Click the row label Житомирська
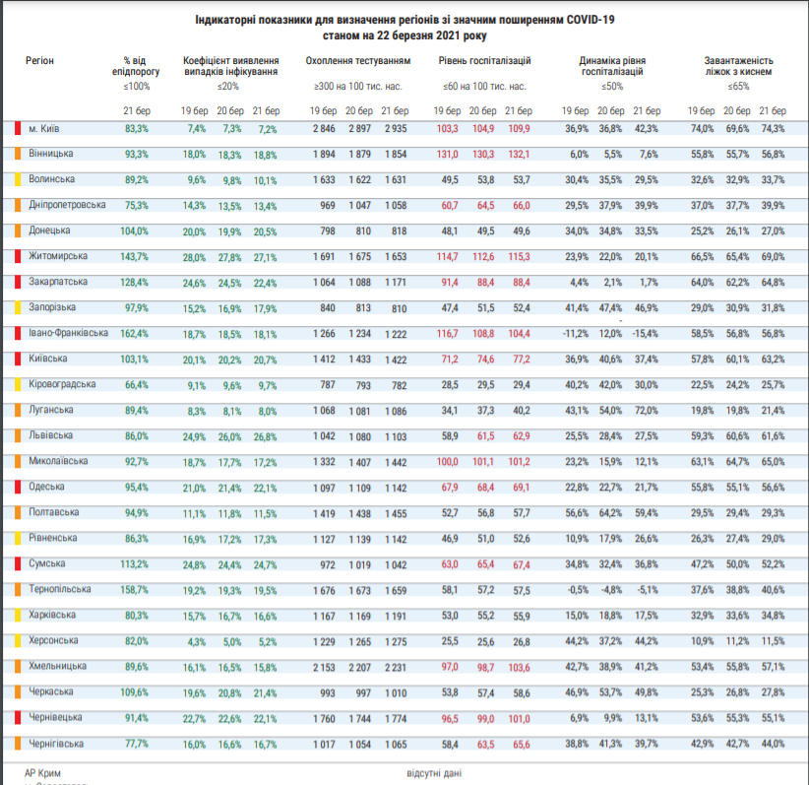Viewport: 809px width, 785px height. click(58, 256)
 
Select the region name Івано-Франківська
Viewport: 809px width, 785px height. click(68, 333)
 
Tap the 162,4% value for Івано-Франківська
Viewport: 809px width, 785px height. click(134, 334)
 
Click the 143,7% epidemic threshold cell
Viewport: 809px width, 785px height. click(134, 257)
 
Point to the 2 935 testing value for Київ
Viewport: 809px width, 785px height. click(396, 129)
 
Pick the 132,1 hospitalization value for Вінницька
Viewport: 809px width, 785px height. click(519, 155)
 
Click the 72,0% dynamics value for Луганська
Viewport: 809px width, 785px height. click(647, 411)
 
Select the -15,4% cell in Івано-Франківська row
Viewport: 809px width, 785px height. click(646, 334)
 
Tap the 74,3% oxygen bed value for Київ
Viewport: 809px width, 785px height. click(773, 129)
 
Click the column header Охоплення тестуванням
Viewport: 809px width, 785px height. click(358, 61)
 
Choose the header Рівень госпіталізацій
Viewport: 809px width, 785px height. click(484, 61)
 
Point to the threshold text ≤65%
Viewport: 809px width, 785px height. click(738, 87)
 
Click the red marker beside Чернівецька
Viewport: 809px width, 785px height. click(18, 717)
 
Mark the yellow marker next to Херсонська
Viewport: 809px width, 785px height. click(18, 640)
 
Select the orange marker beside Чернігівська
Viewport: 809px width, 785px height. click(18, 744)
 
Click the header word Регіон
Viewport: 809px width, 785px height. click(39, 61)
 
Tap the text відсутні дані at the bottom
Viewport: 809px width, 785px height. click(434, 773)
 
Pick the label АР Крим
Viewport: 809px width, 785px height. click(42, 773)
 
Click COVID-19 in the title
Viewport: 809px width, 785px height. click(591, 20)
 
